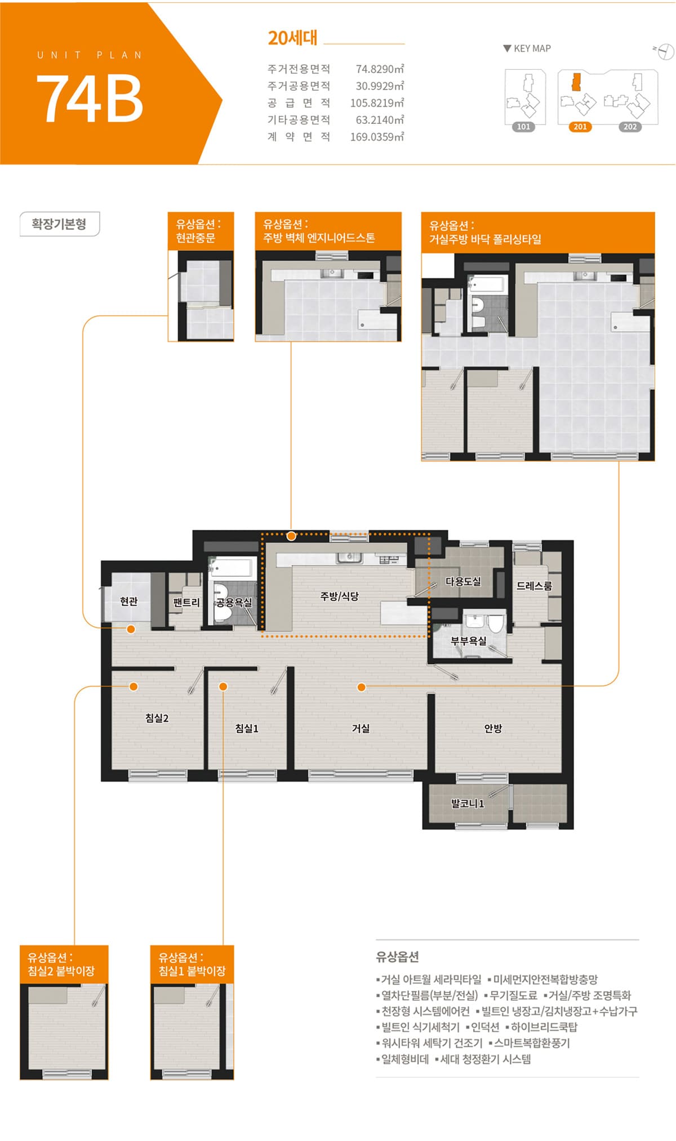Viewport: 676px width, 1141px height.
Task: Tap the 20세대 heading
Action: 292,38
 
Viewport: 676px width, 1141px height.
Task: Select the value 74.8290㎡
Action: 380,69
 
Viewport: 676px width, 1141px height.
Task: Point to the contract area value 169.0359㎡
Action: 377,136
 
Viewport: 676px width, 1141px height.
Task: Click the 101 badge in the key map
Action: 524,127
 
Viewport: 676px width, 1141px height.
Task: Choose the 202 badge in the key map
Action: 630,127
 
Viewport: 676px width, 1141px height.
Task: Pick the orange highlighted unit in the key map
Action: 576,82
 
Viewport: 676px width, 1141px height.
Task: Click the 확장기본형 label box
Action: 60,224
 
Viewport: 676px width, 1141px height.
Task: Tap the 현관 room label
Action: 129,601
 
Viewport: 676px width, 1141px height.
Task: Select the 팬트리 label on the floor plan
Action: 186,602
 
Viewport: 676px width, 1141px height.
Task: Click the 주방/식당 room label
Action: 339,596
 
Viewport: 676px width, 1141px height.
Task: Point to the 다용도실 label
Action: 463,581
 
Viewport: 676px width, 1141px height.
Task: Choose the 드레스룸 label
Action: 534,586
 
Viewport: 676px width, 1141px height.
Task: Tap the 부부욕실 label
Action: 468,640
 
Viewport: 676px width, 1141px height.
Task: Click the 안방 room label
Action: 493,728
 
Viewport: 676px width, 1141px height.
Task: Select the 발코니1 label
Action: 468,803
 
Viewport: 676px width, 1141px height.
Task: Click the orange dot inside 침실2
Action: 134,686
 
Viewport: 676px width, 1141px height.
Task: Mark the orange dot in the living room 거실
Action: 362,687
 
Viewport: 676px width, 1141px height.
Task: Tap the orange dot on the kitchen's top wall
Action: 291,536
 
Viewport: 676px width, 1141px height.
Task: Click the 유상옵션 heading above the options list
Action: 397,956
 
